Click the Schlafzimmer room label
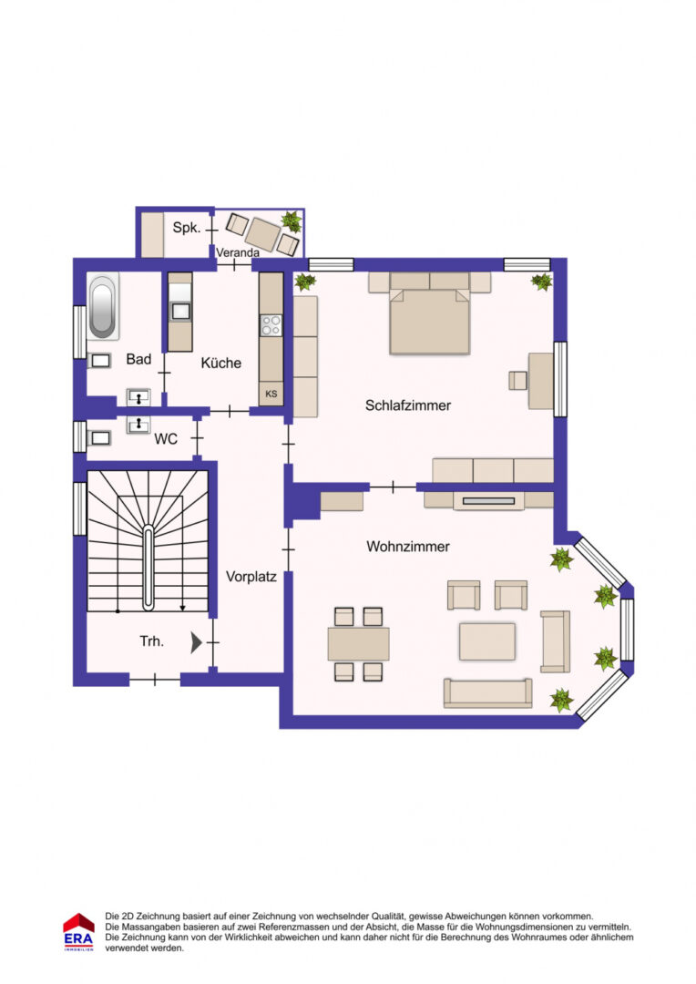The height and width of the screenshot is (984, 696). point(408,405)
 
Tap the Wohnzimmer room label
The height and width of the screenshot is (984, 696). point(408,547)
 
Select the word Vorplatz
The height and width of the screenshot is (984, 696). point(251,577)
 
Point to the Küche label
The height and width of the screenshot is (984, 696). point(220,363)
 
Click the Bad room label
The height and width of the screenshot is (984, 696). point(138,359)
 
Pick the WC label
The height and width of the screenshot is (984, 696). point(166,439)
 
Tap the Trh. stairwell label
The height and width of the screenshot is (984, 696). point(152,641)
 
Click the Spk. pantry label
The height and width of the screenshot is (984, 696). point(187,227)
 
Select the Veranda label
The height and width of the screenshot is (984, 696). point(238,252)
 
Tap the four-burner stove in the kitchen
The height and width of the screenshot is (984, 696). point(271,325)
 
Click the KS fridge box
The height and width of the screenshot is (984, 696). point(271,394)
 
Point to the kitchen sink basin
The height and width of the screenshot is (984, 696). point(180,311)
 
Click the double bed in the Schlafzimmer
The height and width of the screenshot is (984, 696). point(430,313)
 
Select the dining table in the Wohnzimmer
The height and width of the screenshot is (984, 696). point(358,644)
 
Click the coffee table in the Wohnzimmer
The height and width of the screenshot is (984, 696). point(487,641)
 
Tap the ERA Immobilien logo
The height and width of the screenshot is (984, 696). point(78,932)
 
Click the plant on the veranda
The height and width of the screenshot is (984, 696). point(292,220)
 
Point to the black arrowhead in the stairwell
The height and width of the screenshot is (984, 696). point(197,642)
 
